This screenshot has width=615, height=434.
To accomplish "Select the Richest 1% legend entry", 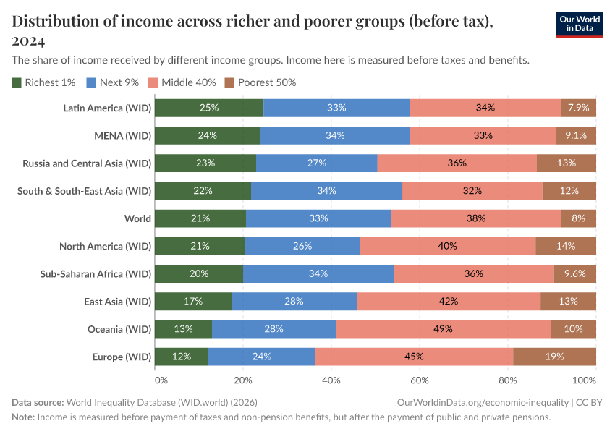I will click(44, 82).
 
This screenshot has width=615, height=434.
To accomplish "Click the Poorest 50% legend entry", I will click(260, 82).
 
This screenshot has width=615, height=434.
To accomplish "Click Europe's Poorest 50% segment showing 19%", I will click(555, 357).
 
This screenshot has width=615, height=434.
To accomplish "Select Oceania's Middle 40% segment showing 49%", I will click(443, 329).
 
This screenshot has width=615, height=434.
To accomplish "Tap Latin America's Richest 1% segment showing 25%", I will click(209, 108).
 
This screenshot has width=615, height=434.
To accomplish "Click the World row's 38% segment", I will click(476, 218).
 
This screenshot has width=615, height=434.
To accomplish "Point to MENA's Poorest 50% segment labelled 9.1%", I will click(576, 135).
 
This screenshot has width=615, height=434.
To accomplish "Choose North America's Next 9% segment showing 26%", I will click(302, 247).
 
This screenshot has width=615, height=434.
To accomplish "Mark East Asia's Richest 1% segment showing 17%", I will click(193, 302).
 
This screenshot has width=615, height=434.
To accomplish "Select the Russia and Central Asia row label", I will click(87, 163).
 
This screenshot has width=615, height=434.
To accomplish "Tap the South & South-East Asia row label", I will click(84, 191).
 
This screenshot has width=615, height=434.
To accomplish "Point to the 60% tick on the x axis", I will click(419, 380).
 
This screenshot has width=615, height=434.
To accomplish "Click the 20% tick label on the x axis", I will click(243, 380).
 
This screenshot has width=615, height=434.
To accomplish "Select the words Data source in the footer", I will click(38, 402).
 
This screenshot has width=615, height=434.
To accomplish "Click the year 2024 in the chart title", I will click(29, 41).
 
